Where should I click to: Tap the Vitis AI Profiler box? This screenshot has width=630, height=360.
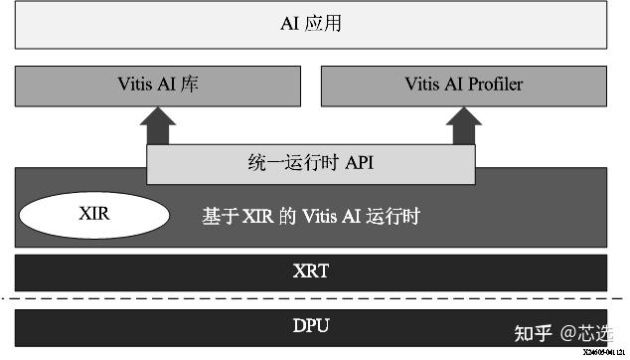(x=463, y=86)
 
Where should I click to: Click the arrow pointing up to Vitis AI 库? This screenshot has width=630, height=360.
(x=157, y=126)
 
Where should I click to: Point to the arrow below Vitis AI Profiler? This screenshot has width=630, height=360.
(x=463, y=126)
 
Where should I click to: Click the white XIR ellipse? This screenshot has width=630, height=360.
(x=90, y=214)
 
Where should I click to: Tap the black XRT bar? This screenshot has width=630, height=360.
(x=310, y=270)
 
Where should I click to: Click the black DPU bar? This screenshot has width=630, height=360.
(x=310, y=325)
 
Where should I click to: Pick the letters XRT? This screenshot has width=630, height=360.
(x=310, y=270)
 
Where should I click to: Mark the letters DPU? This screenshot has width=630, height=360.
(x=310, y=325)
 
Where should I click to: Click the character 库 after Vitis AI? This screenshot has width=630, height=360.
(x=191, y=86)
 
